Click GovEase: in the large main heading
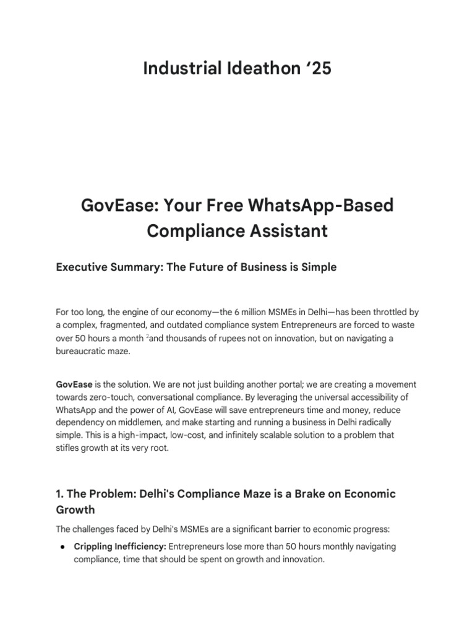click(118, 205)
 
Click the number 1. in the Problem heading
click(60, 494)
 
